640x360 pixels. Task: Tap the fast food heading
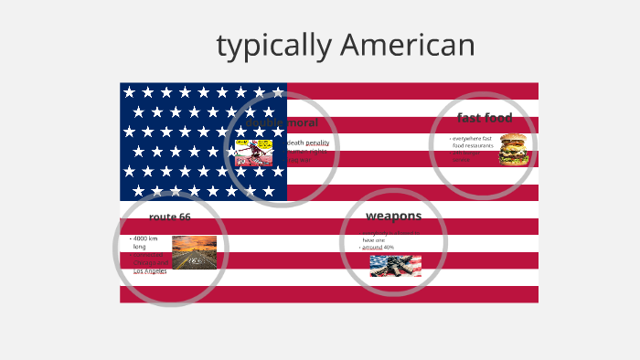pos(485,118)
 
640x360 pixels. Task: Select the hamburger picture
pos(514,149)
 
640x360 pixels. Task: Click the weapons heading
pos(393,216)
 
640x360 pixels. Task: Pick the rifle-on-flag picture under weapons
pos(395,265)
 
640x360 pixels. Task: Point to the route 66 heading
pos(170,217)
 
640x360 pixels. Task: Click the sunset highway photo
pos(194,252)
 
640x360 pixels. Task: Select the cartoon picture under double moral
pos(254,152)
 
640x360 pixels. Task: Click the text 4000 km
pos(145,238)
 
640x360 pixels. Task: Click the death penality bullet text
pos(308,143)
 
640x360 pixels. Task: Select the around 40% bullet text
pos(378,248)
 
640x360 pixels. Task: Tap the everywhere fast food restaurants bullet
pos(473,142)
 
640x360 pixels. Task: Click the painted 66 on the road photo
pos(194,259)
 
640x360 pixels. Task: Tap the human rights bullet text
pos(307,152)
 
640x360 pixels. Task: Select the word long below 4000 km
pos(139,247)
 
